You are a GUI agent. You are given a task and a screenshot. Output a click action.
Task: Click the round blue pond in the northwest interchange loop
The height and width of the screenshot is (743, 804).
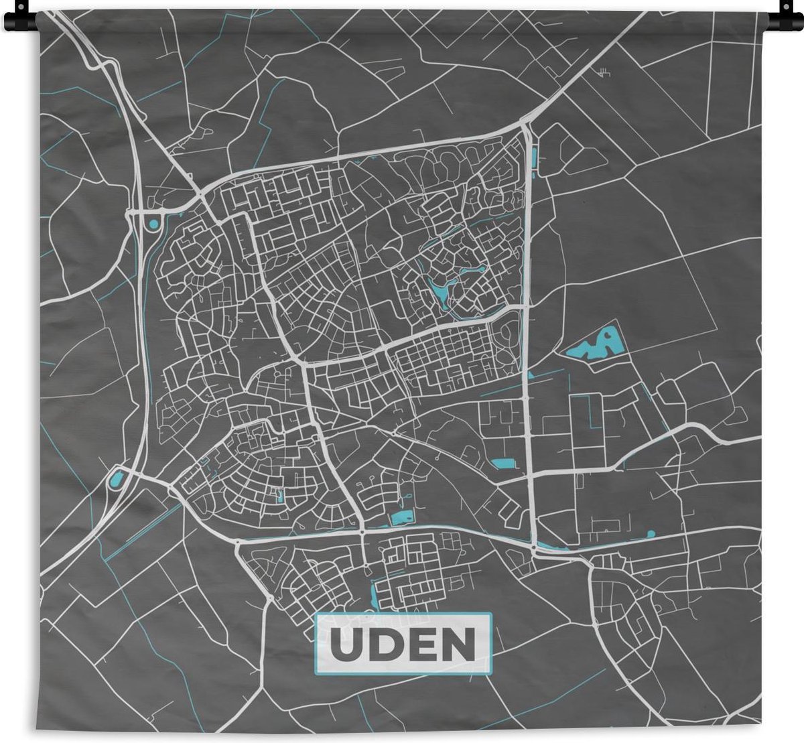point(154,224)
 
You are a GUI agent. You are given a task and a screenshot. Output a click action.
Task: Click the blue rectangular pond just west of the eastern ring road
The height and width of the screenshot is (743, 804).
point(502,462)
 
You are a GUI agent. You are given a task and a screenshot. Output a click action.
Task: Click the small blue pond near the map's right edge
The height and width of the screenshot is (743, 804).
point(650,534)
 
